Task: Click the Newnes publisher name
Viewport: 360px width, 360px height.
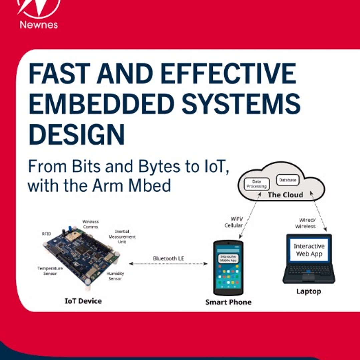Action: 39,25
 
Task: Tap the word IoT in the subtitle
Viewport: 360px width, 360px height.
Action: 216,166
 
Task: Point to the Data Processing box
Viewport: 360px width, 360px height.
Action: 257,184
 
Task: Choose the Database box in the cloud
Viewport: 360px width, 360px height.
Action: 288,180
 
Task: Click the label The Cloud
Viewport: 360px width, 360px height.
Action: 285,195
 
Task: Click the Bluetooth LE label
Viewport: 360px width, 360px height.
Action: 168,258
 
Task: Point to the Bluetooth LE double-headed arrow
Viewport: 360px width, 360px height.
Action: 168,264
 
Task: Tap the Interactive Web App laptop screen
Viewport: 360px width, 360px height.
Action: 309,250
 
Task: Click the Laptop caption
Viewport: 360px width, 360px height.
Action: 309,291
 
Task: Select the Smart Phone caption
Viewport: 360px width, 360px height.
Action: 228,302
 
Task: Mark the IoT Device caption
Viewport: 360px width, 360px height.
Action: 83,301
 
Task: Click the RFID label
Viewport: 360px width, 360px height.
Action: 46,234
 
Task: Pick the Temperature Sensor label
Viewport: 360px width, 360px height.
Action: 50,271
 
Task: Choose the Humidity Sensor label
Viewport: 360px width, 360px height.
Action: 115,276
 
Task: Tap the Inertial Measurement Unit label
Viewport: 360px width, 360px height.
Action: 122,236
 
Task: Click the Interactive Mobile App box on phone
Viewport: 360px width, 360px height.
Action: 228,258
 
